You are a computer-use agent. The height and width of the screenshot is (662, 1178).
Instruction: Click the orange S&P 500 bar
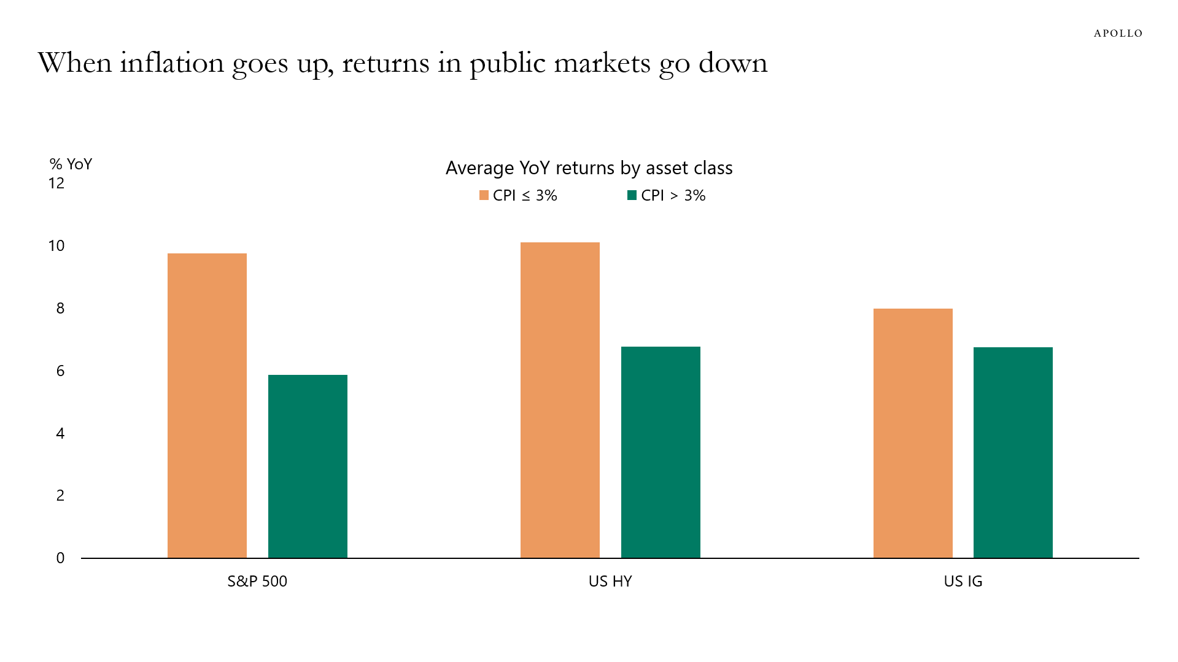tap(207, 406)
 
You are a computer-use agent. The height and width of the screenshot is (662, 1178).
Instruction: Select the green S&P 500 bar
tap(308, 466)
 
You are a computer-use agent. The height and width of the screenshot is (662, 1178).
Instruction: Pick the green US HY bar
tap(661, 452)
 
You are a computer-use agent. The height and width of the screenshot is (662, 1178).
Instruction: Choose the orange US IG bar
tap(913, 433)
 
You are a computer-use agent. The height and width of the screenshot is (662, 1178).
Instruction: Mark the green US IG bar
tap(1013, 452)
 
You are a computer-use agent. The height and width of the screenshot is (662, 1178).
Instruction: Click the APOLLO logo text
tap(1118, 33)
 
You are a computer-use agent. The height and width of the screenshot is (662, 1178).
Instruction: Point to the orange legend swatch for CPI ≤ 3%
tap(484, 195)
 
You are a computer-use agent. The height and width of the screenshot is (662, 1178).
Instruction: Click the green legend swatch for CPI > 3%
tap(632, 195)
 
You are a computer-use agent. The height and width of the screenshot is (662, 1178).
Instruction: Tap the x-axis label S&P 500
tap(257, 581)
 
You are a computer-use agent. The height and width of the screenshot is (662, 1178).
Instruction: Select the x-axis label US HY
tap(610, 581)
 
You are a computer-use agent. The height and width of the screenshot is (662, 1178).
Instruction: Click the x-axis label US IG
tap(963, 581)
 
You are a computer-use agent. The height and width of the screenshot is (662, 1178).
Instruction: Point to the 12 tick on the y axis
tap(56, 183)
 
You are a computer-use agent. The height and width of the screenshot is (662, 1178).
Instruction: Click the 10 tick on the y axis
tap(56, 246)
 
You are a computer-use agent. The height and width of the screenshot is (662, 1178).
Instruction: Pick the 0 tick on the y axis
tap(60, 558)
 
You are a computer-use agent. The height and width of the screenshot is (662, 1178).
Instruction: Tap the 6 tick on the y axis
tap(60, 371)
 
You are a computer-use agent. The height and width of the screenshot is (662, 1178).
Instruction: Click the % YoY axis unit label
tap(71, 164)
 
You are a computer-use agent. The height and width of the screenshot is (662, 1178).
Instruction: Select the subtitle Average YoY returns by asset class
tap(589, 167)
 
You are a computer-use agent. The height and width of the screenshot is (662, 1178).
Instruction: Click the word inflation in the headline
tap(172, 63)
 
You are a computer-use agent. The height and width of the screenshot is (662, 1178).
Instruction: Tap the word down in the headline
tap(733, 63)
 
